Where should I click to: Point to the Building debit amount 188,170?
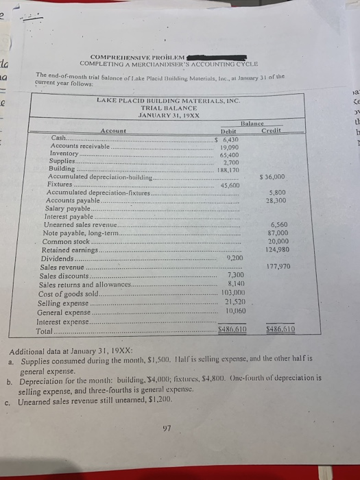tap(229, 169)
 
